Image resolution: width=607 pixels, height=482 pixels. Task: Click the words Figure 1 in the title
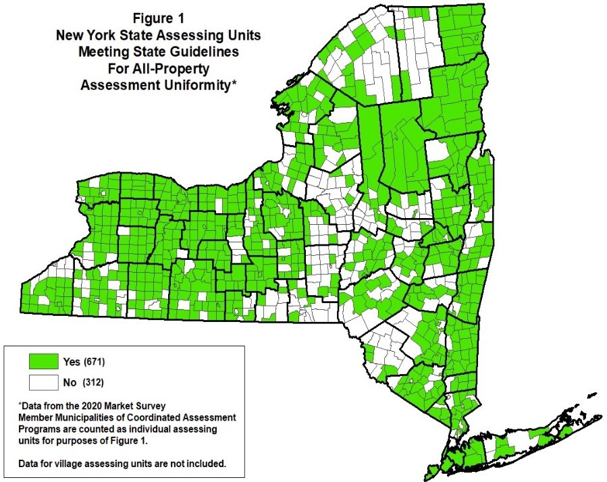click(x=157, y=18)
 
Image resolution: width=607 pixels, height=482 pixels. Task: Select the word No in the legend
click(x=69, y=383)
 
